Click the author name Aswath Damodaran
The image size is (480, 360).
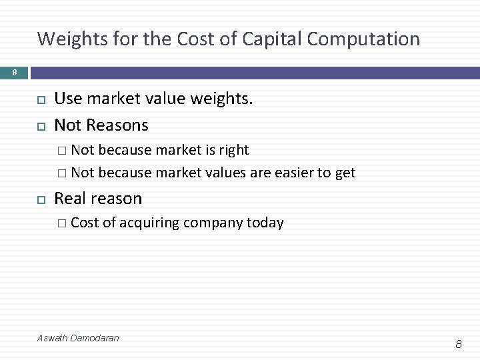[78, 338]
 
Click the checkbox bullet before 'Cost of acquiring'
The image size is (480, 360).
[61, 223]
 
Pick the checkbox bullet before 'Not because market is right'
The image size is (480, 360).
[61, 151]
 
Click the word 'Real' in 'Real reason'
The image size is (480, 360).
[69, 199]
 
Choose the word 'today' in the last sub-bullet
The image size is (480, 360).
[265, 223]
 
